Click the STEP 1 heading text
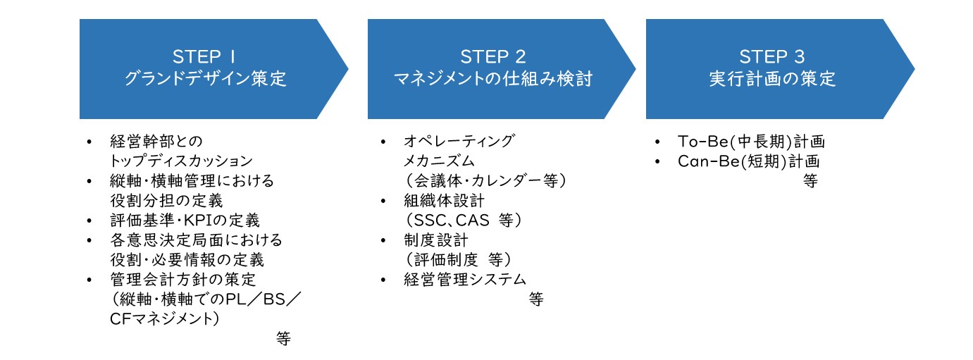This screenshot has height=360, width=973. pyautogui.click(x=204, y=56)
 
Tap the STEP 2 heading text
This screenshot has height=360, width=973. pyautogui.click(x=493, y=56)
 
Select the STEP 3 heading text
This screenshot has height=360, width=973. pyautogui.click(x=772, y=56)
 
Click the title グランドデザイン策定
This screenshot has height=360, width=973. pyautogui.click(x=206, y=79)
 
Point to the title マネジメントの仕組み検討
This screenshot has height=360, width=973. pyautogui.click(x=493, y=79)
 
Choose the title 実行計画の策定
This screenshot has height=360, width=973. pyautogui.click(x=772, y=79)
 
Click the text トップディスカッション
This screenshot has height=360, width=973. pyautogui.click(x=181, y=161)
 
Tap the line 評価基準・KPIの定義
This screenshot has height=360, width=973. pyautogui.click(x=185, y=221)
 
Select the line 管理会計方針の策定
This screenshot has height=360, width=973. pyautogui.click(x=183, y=279)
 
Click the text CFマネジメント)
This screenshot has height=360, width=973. pyautogui.click(x=165, y=318)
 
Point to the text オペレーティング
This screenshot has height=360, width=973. pyautogui.click(x=459, y=141)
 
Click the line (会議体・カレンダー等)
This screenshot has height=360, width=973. pyautogui.click(x=485, y=180)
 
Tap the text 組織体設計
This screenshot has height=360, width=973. pyautogui.click(x=444, y=200)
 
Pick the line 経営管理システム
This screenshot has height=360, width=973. pyautogui.click(x=465, y=279)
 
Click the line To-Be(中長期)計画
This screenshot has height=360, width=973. pyautogui.click(x=751, y=141)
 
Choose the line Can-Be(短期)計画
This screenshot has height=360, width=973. pyautogui.click(x=748, y=161)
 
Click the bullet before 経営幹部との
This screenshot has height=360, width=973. pyautogui.click(x=89, y=142)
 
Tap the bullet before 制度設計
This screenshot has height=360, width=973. pyautogui.click(x=383, y=240)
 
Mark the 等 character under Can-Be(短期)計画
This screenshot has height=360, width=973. pyautogui.click(x=810, y=180)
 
